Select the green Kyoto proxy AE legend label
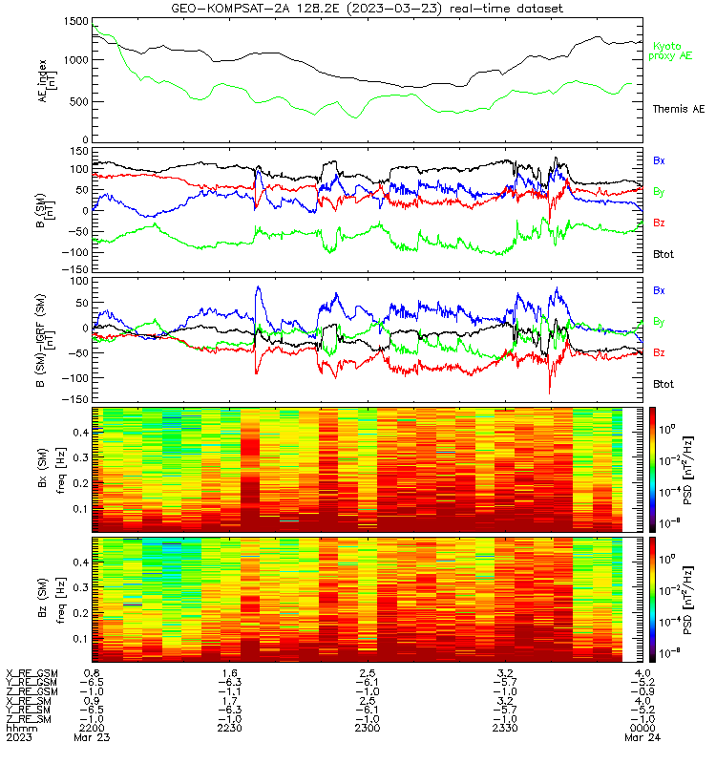tap(670, 52)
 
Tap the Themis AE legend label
tap(679, 109)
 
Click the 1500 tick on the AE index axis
tap(76, 21)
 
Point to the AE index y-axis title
tap(47, 80)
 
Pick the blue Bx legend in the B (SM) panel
tap(659, 160)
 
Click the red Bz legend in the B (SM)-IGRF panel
tap(659, 352)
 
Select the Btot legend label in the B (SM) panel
tap(663, 254)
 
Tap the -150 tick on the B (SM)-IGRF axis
tap(75, 399)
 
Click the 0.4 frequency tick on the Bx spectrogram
tap(80, 433)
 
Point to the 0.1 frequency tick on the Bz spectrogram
tap(80, 639)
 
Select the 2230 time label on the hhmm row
tap(229, 728)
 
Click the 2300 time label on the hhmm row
tap(368, 728)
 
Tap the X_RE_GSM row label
tap(32, 674)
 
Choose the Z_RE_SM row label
tap(29, 719)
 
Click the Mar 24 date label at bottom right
tap(642, 737)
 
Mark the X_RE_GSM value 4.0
tap(642, 673)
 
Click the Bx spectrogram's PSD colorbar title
tap(687, 471)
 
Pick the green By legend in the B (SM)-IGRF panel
tap(659, 322)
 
